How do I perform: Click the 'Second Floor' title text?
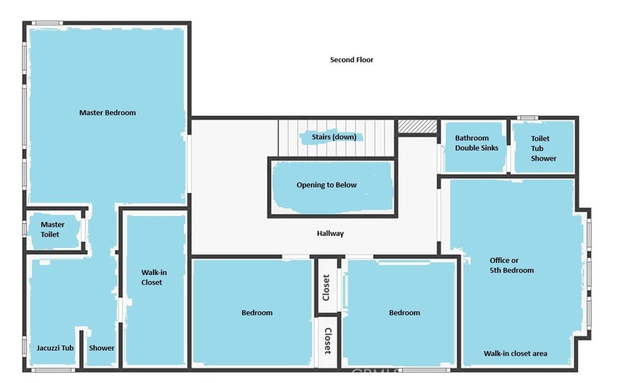[351, 60]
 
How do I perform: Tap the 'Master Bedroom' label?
[107, 113]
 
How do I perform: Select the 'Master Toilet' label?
[52, 229]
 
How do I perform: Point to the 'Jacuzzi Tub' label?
[55, 348]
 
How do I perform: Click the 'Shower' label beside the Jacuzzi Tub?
[101, 348]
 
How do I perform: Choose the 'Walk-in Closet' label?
[154, 277]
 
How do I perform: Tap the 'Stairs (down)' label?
[334, 137]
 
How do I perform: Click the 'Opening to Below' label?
[327, 185]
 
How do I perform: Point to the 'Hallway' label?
[330, 233]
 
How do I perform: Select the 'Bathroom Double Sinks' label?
[477, 143]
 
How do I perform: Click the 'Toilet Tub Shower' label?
[543, 148]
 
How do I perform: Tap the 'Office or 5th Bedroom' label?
[512, 265]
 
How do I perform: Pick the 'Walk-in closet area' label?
[515, 354]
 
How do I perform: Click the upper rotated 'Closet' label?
[326, 288]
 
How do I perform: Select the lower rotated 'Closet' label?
[328, 341]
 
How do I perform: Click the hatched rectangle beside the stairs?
[417, 127]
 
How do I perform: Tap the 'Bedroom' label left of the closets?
[257, 313]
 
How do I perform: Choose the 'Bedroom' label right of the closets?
[404, 313]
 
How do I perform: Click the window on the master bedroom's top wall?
[47, 24]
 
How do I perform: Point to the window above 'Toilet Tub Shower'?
[527, 118]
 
